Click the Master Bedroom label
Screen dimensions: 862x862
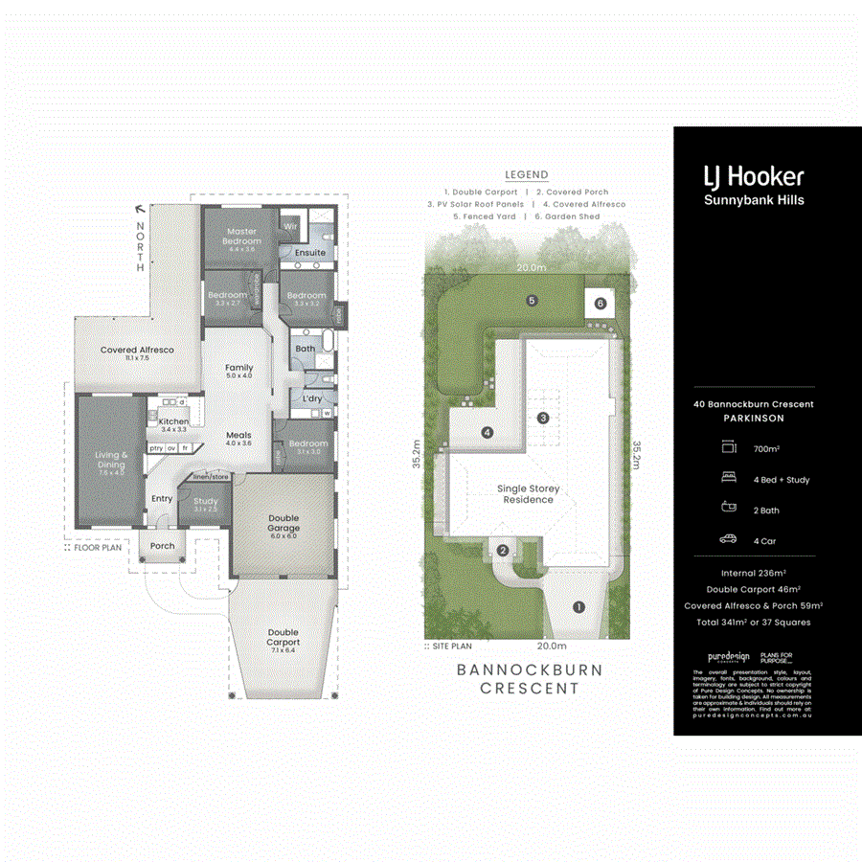241,236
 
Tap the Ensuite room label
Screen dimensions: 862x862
309,253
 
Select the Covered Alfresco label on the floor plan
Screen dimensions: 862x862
137,351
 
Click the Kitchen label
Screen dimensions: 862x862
173,421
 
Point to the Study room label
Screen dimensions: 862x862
205,501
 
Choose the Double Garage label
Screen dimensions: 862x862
284,523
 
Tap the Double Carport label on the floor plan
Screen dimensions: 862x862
283,637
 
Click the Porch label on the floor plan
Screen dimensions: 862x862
163,546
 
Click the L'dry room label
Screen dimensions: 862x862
311,397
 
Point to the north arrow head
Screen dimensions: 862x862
141,207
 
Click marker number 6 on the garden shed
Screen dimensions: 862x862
601,303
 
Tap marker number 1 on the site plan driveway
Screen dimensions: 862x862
578,606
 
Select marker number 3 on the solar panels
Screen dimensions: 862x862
543,417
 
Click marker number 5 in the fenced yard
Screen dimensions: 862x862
532,300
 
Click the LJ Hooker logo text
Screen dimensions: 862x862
754,176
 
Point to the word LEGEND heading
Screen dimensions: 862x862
526,174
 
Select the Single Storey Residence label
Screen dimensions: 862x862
528,494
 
